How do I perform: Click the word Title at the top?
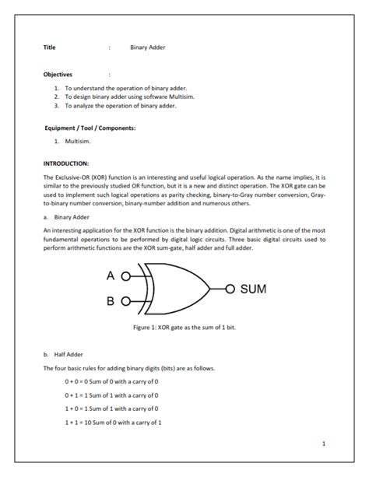point(49,47)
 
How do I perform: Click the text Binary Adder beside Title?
point(148,47)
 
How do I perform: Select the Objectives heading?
point(58,75)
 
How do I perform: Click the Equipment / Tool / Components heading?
point(90,127)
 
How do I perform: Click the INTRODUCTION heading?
point(66,163)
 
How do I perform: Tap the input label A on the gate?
point(111,276)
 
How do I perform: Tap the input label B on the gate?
point(111,301)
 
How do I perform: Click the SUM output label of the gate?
point(252,289)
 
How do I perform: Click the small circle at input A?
point(125,276)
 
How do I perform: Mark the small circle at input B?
point(125,301)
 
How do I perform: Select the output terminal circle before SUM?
point(230,289)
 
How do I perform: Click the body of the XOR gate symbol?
point(175,289)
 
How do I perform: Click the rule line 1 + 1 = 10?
point(113,421)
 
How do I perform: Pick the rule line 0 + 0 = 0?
point(111,381)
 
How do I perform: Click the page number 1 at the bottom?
point(323,443)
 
